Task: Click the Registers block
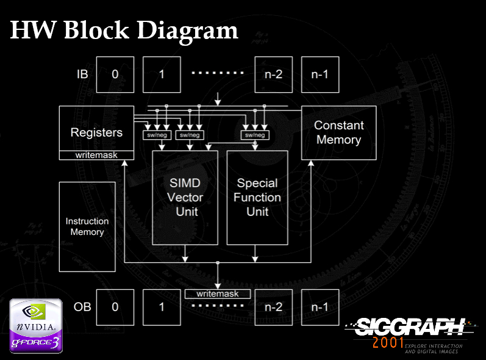coord(96,129)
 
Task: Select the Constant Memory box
coord(338,132)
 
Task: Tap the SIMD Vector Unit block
coord(184,197)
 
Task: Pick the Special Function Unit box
coord(257,197)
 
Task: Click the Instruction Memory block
coord(87,226)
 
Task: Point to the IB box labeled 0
coord(115,74)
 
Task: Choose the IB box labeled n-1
coord(320,74)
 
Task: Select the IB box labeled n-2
coord(273,74)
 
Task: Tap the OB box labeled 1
coord(162,307)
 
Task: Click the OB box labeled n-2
coord(273,307)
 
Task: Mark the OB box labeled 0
coord(115,307)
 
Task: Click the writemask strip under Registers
coord(96,155)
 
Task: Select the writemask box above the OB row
coord(218,293)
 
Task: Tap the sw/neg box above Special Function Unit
coord(254,135)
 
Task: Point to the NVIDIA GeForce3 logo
coord(35,326)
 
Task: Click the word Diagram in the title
coord(187,31)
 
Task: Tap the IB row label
coord(82,74)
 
